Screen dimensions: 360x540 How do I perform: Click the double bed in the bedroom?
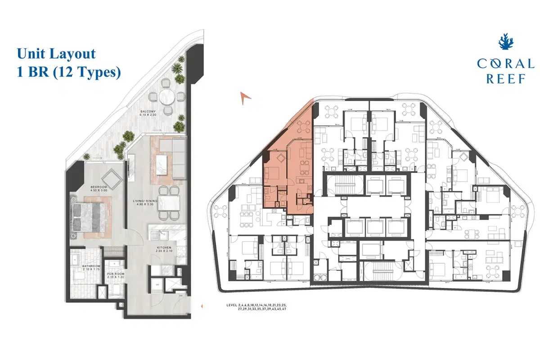[91, 215]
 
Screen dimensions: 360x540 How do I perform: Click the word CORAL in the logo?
[506, 63]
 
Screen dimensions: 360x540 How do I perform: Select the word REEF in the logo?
[506, 79]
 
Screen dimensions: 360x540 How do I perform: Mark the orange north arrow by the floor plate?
[245, 97]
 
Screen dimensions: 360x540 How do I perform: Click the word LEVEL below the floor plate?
[234, 306]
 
